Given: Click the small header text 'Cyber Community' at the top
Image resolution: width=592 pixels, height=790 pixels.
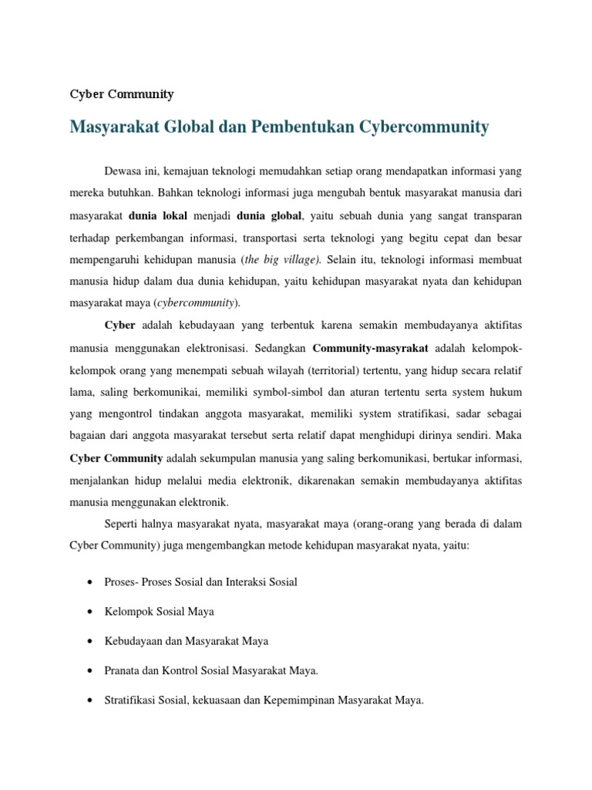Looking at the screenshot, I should tap(122, 94).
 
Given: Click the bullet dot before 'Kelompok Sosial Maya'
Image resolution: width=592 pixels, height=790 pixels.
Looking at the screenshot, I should tap(90, 612).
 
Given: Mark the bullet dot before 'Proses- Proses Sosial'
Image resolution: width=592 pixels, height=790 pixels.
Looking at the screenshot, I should tap(90, 582).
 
